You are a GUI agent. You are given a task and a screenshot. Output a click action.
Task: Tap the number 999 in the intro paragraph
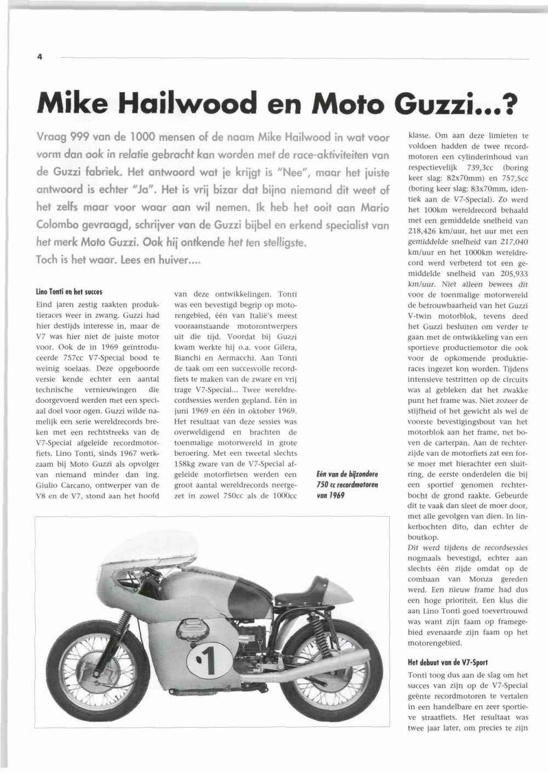[72, 137]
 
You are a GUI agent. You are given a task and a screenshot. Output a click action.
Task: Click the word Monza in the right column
[484, 580]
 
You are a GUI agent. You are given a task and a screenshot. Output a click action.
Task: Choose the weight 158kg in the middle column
[185, 464]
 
